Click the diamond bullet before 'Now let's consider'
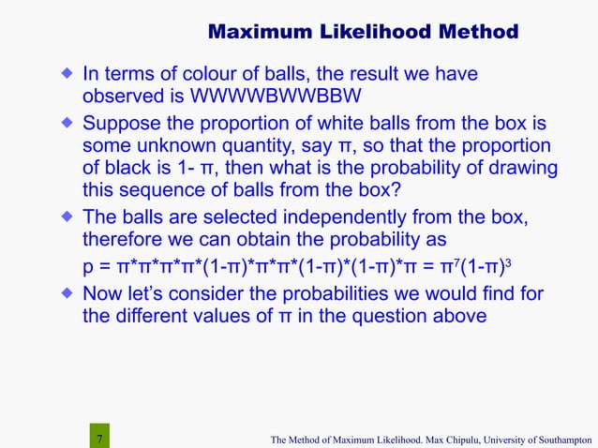67,293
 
